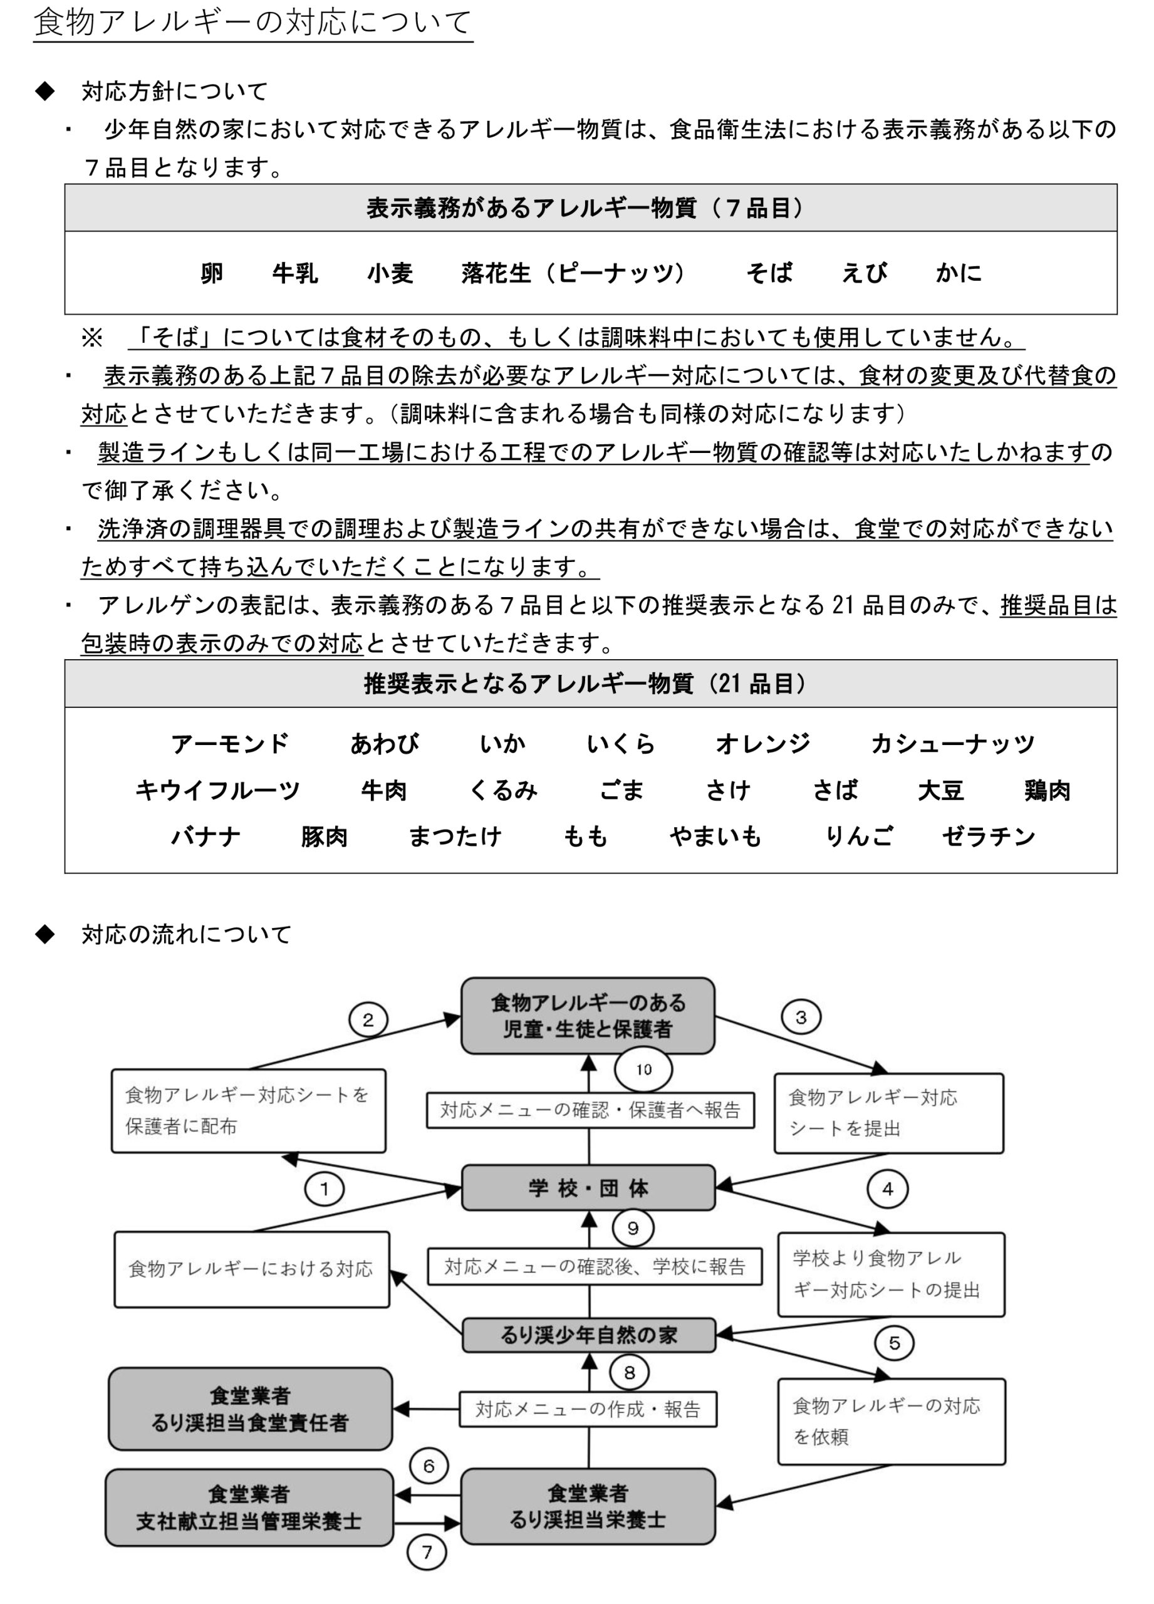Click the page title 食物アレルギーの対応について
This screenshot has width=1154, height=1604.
click(x=252, y=22)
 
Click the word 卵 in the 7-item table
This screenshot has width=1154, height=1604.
click(x=211, y=273)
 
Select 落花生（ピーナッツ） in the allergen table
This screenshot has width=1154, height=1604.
click(x=573, y=273)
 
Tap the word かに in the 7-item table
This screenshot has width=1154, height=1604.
click(x=958, y=273)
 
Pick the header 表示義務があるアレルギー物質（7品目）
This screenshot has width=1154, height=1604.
click(x=585, y=208)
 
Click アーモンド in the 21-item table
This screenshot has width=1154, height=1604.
click(x=230, y=744)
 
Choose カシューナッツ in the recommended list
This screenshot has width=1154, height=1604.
click(x=952, y=744)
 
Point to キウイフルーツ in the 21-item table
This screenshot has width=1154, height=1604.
click(x=218, y=791)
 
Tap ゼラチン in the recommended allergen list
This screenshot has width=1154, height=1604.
click(x=988, y=836)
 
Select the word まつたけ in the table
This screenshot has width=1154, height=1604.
click(x=455, y=836)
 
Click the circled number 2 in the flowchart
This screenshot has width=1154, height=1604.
click(x=368, y=1020)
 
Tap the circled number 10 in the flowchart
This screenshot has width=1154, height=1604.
click(x=643, y=1070)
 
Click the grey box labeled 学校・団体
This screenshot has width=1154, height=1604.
click(x=588, y=1188)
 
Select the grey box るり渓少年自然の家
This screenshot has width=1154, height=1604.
click(x=589, y=1335)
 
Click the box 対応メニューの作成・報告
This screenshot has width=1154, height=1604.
click(x=588, y=1410)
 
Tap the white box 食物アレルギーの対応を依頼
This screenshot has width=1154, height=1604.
click(x=891, y=1422)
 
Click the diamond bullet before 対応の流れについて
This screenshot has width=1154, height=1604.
click(x=45, y=934)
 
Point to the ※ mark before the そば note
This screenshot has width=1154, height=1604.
click(x=92, y=337)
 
